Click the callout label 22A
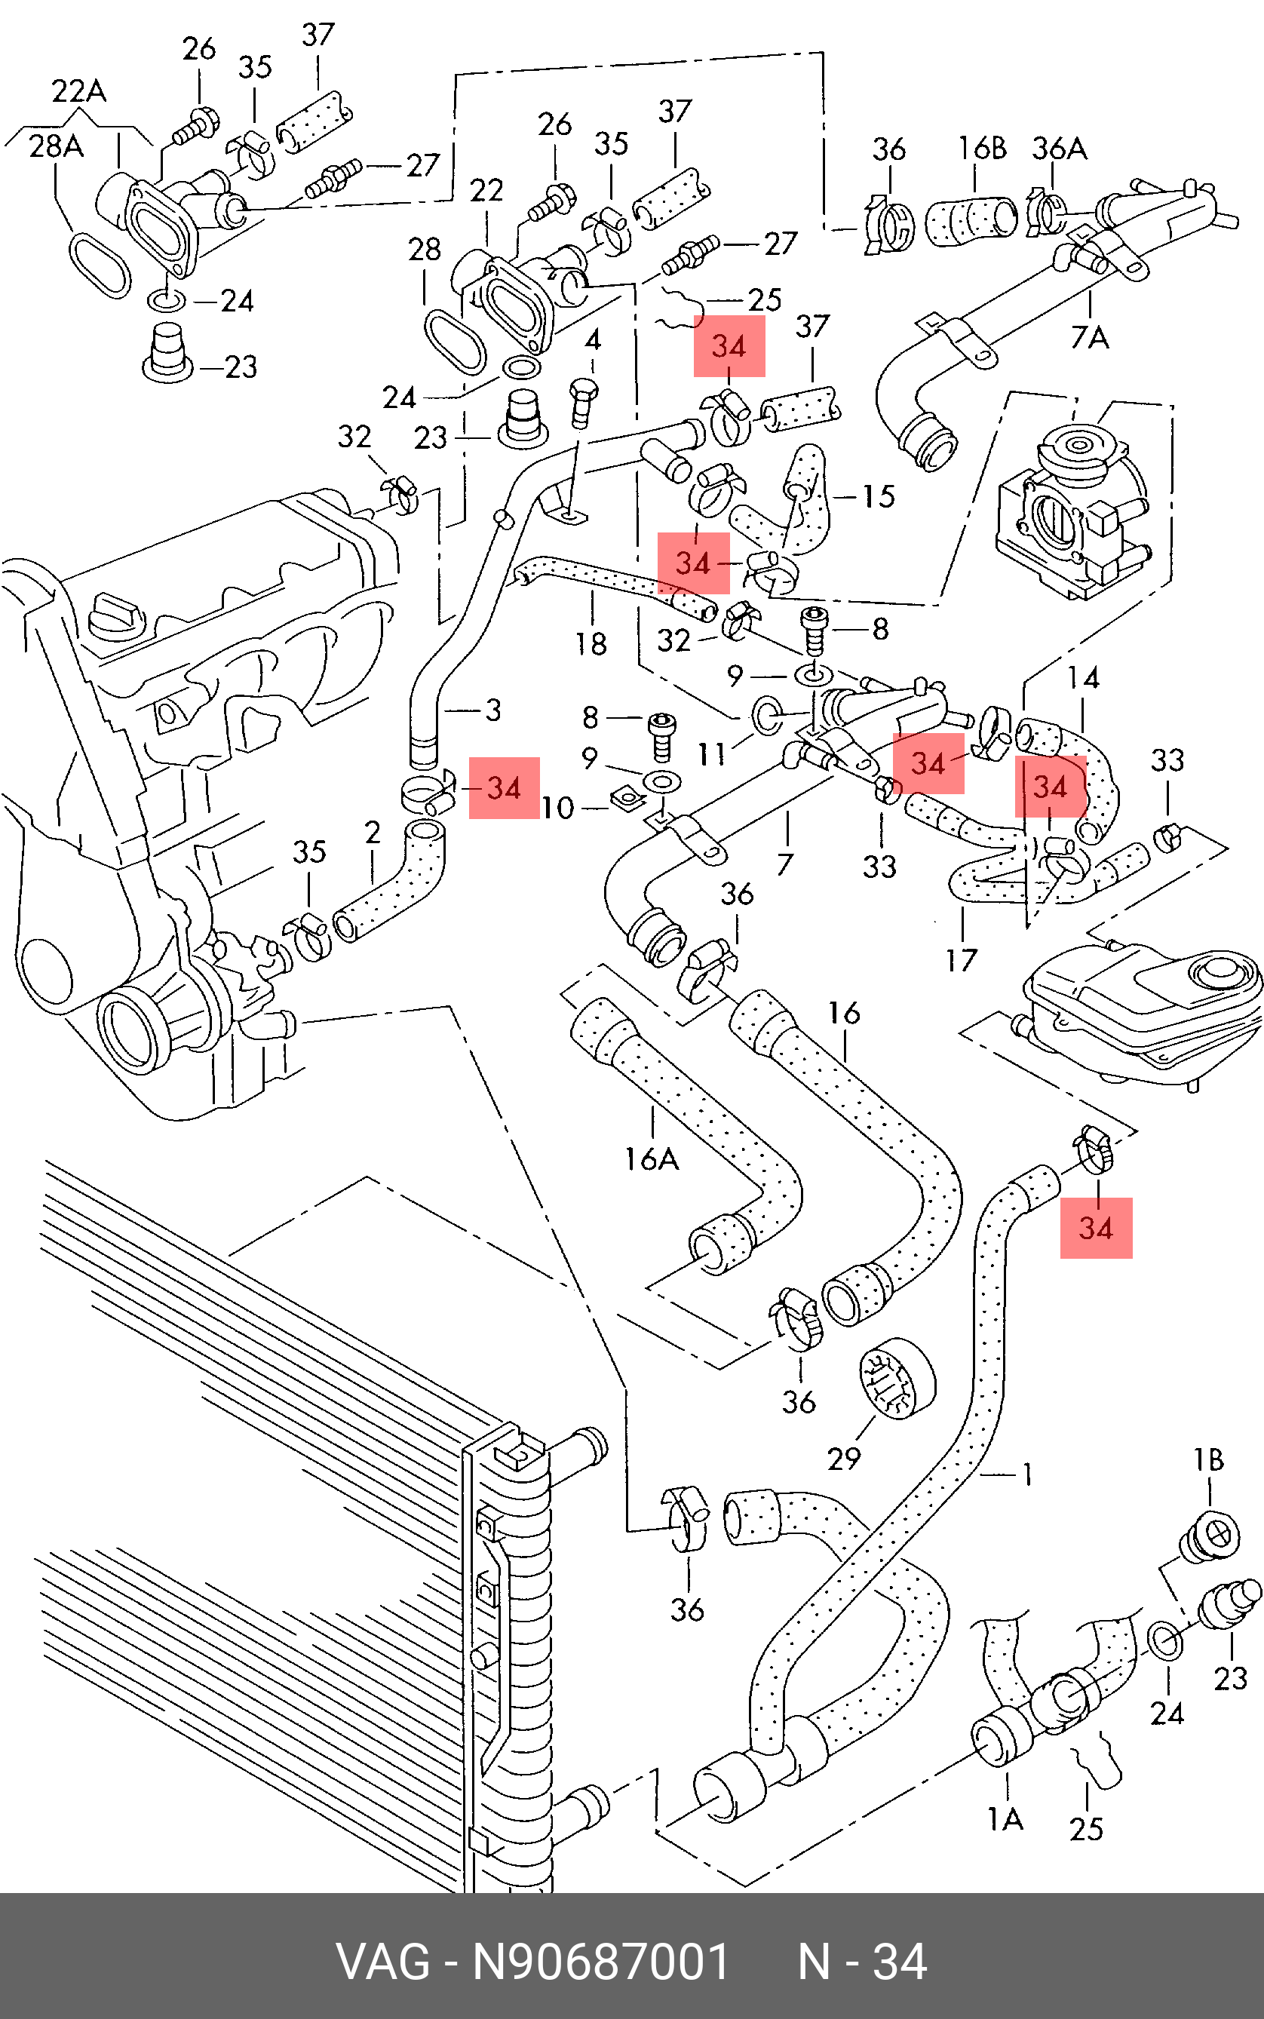[78, 91]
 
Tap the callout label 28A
[56, 146]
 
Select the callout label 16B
[981, 148]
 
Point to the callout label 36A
[1059, 149]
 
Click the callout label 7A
[1089, 338]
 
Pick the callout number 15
[879, 496]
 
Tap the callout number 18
[591, 644]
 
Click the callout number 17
[962, 961]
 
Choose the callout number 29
[843, 1459]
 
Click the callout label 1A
[1005, 1819]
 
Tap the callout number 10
[557, 808]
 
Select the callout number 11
[712, 755]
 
